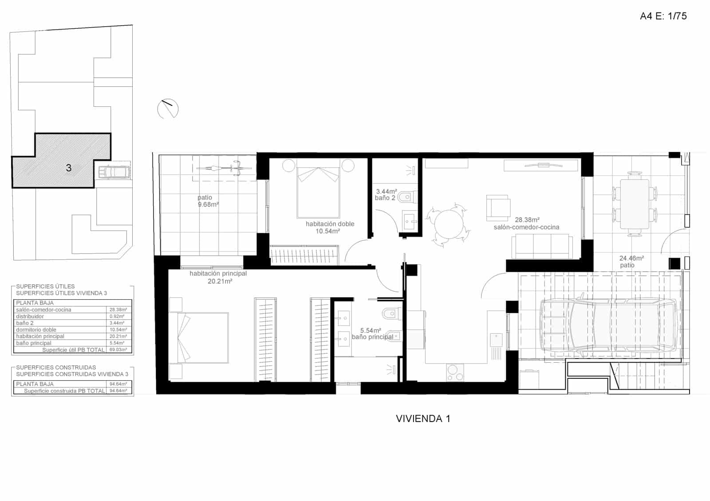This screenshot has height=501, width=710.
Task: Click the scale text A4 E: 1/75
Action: pyautogui.click(x=663, y=16)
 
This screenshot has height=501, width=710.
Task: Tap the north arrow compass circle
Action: pyautogui.click(x=168, y=108)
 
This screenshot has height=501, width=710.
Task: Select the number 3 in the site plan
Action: pyautogui.click(x=68, y=168)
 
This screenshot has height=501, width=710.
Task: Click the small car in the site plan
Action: pyautogui.click(x=114, y=172)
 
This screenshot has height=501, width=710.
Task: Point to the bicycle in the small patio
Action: pyautogui.click(x=225, y=168)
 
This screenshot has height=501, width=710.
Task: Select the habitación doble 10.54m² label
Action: pyautogui.click(x=330, y=227)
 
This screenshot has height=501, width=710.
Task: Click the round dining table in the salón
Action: pyautogui.click(x=448, y=224)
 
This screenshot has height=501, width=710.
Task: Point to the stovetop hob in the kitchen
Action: pyautogui.click(x=455, y=372)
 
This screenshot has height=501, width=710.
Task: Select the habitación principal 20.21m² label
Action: pyautogui.click(x=218, y=277)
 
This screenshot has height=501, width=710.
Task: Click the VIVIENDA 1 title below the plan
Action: pyautogui.click(x=423, y=419)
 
